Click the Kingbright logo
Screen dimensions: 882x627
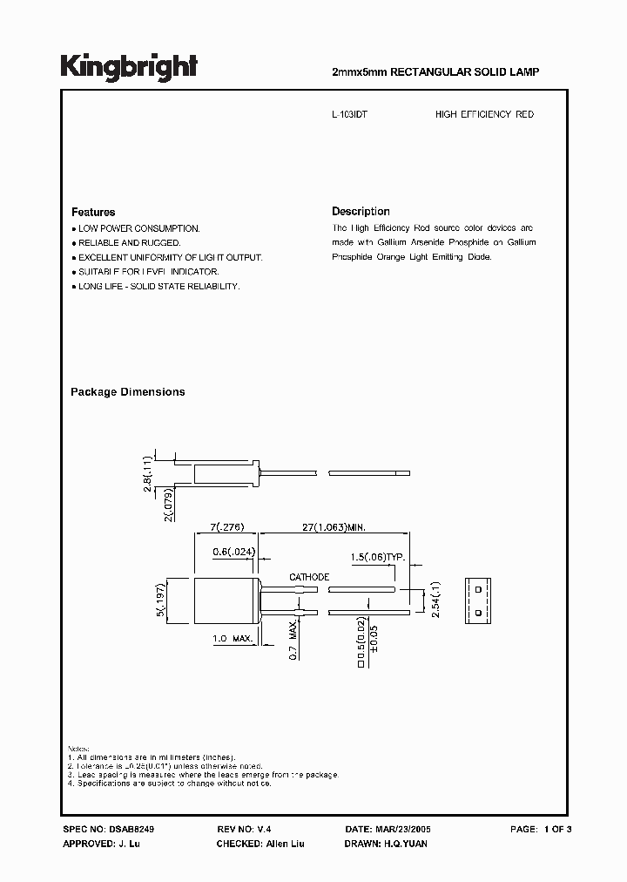(128, 67)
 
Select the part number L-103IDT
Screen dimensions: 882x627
(350, 114)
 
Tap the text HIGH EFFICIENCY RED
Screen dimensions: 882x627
(484, 114)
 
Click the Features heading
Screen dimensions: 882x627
(93, 212)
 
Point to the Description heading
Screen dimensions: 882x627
(361, 211)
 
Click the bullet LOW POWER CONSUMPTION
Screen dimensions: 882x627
(138, 228)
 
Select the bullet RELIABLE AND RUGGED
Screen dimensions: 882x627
(129, 242)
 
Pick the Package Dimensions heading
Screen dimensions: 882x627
(127, 392)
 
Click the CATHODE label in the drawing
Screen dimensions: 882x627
(309, 577)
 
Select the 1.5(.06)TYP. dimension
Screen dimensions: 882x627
(377, 556)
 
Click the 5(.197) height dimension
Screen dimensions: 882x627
(159, 601)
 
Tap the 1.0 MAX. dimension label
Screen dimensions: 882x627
(233, 639)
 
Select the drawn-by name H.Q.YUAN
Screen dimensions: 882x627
(404, 845)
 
